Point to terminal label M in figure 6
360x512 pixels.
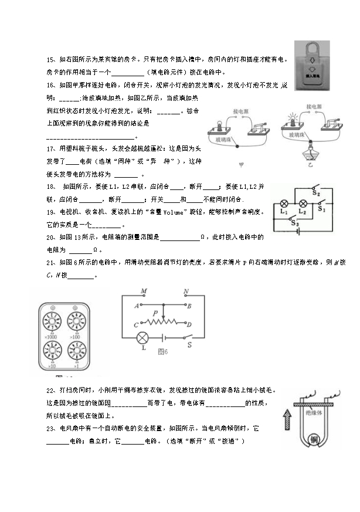(144, 291)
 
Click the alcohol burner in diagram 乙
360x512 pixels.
(309, 155)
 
